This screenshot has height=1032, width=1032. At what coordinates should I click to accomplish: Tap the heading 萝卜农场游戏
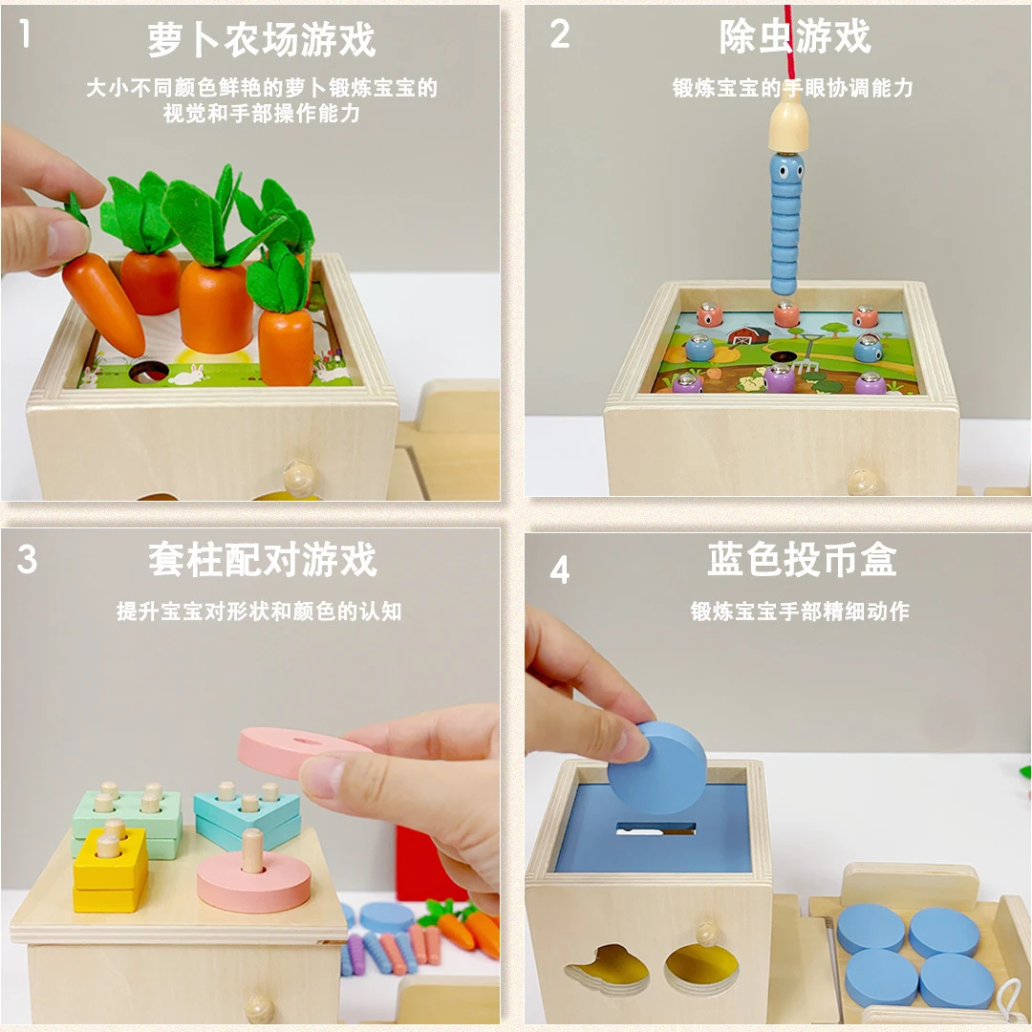coord(261,39)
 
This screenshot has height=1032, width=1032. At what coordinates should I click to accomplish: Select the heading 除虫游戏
coord(795,36)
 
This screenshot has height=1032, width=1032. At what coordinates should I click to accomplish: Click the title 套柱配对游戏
coord(262,559)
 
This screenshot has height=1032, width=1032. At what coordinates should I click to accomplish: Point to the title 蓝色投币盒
coord(801,559)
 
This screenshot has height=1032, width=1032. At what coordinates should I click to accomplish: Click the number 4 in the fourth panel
coord(560,570)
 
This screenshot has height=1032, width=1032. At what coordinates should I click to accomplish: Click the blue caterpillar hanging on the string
coord(787,225)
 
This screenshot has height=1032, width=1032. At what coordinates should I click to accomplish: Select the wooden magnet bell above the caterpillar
coord(789,126)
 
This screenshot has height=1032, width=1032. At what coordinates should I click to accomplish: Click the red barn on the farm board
coord(749,334)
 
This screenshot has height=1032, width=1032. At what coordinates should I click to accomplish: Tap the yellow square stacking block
coord(111,870)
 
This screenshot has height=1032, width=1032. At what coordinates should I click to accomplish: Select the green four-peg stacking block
coord(126,812)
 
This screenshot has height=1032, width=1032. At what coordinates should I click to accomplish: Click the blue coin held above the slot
coord(657,767)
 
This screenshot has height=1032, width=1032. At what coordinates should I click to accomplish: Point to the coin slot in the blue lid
coord(656,828)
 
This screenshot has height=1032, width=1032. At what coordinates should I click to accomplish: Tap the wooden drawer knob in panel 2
coord(864,481)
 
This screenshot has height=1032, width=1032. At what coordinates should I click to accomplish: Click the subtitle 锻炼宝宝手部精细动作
coord(800,612)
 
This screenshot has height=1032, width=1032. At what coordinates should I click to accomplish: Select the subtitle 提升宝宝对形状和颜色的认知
coord(259,612)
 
